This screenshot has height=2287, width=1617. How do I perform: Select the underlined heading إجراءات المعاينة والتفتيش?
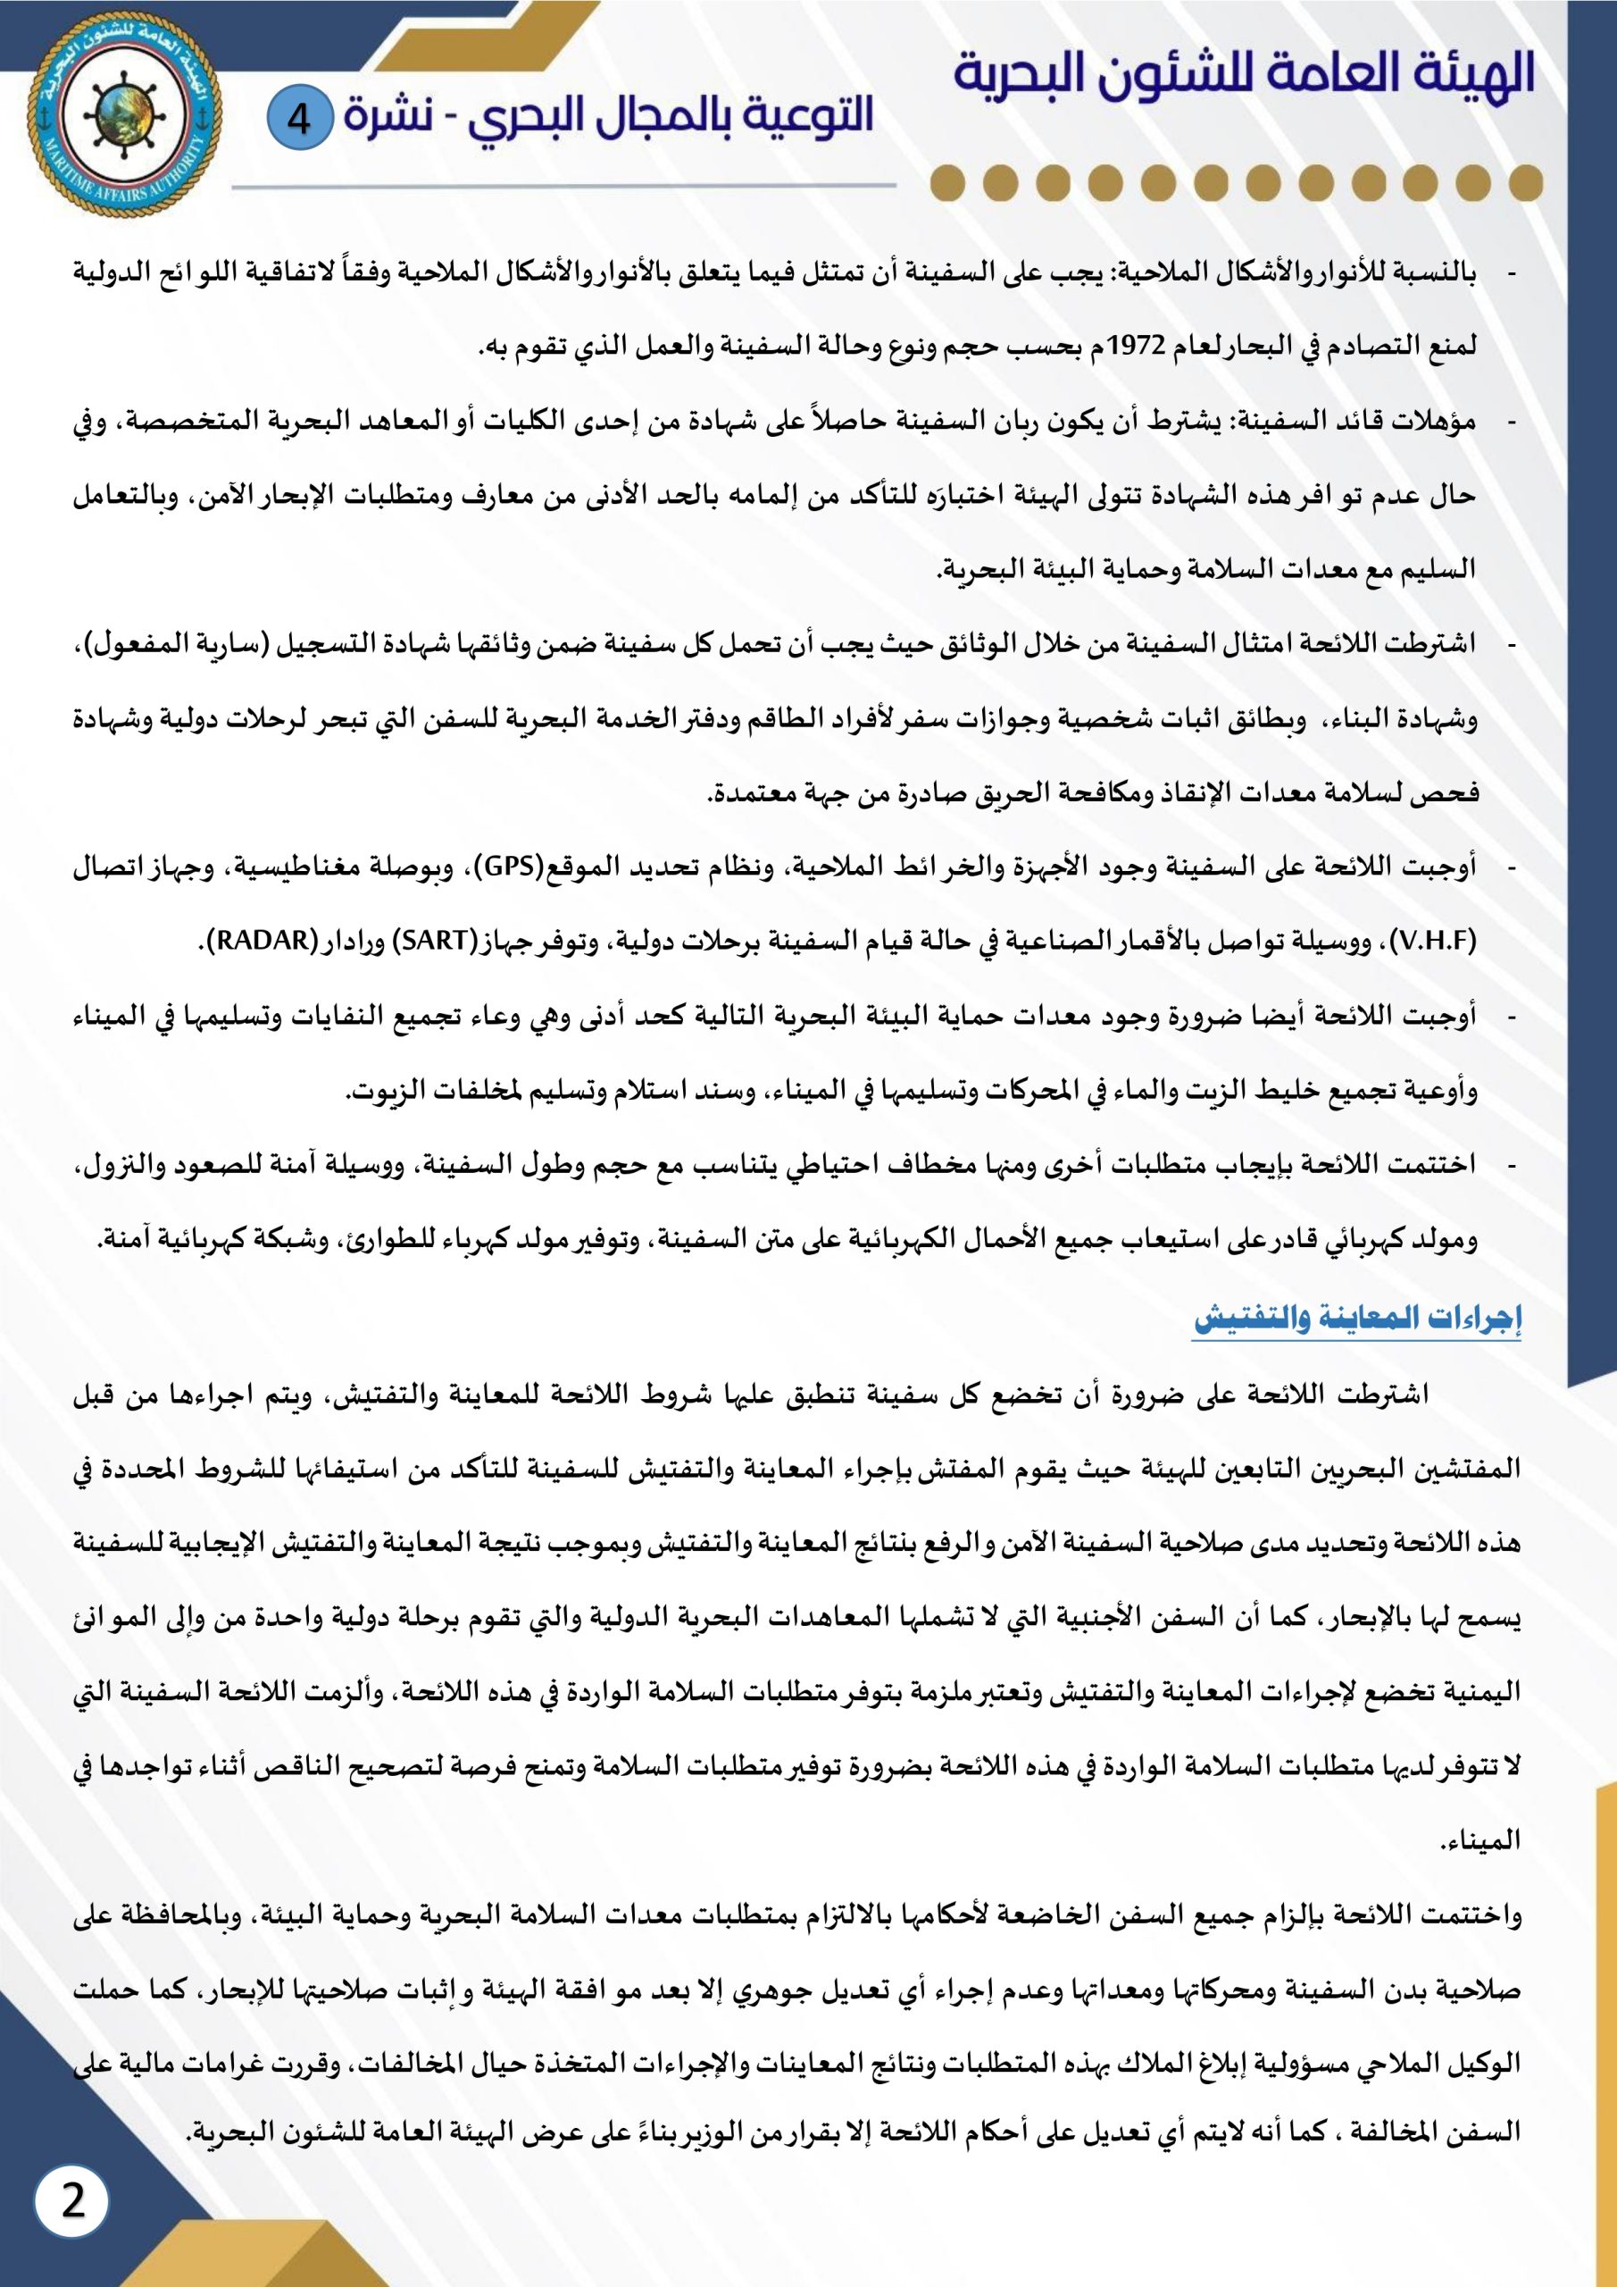tap(1358, 1320)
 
